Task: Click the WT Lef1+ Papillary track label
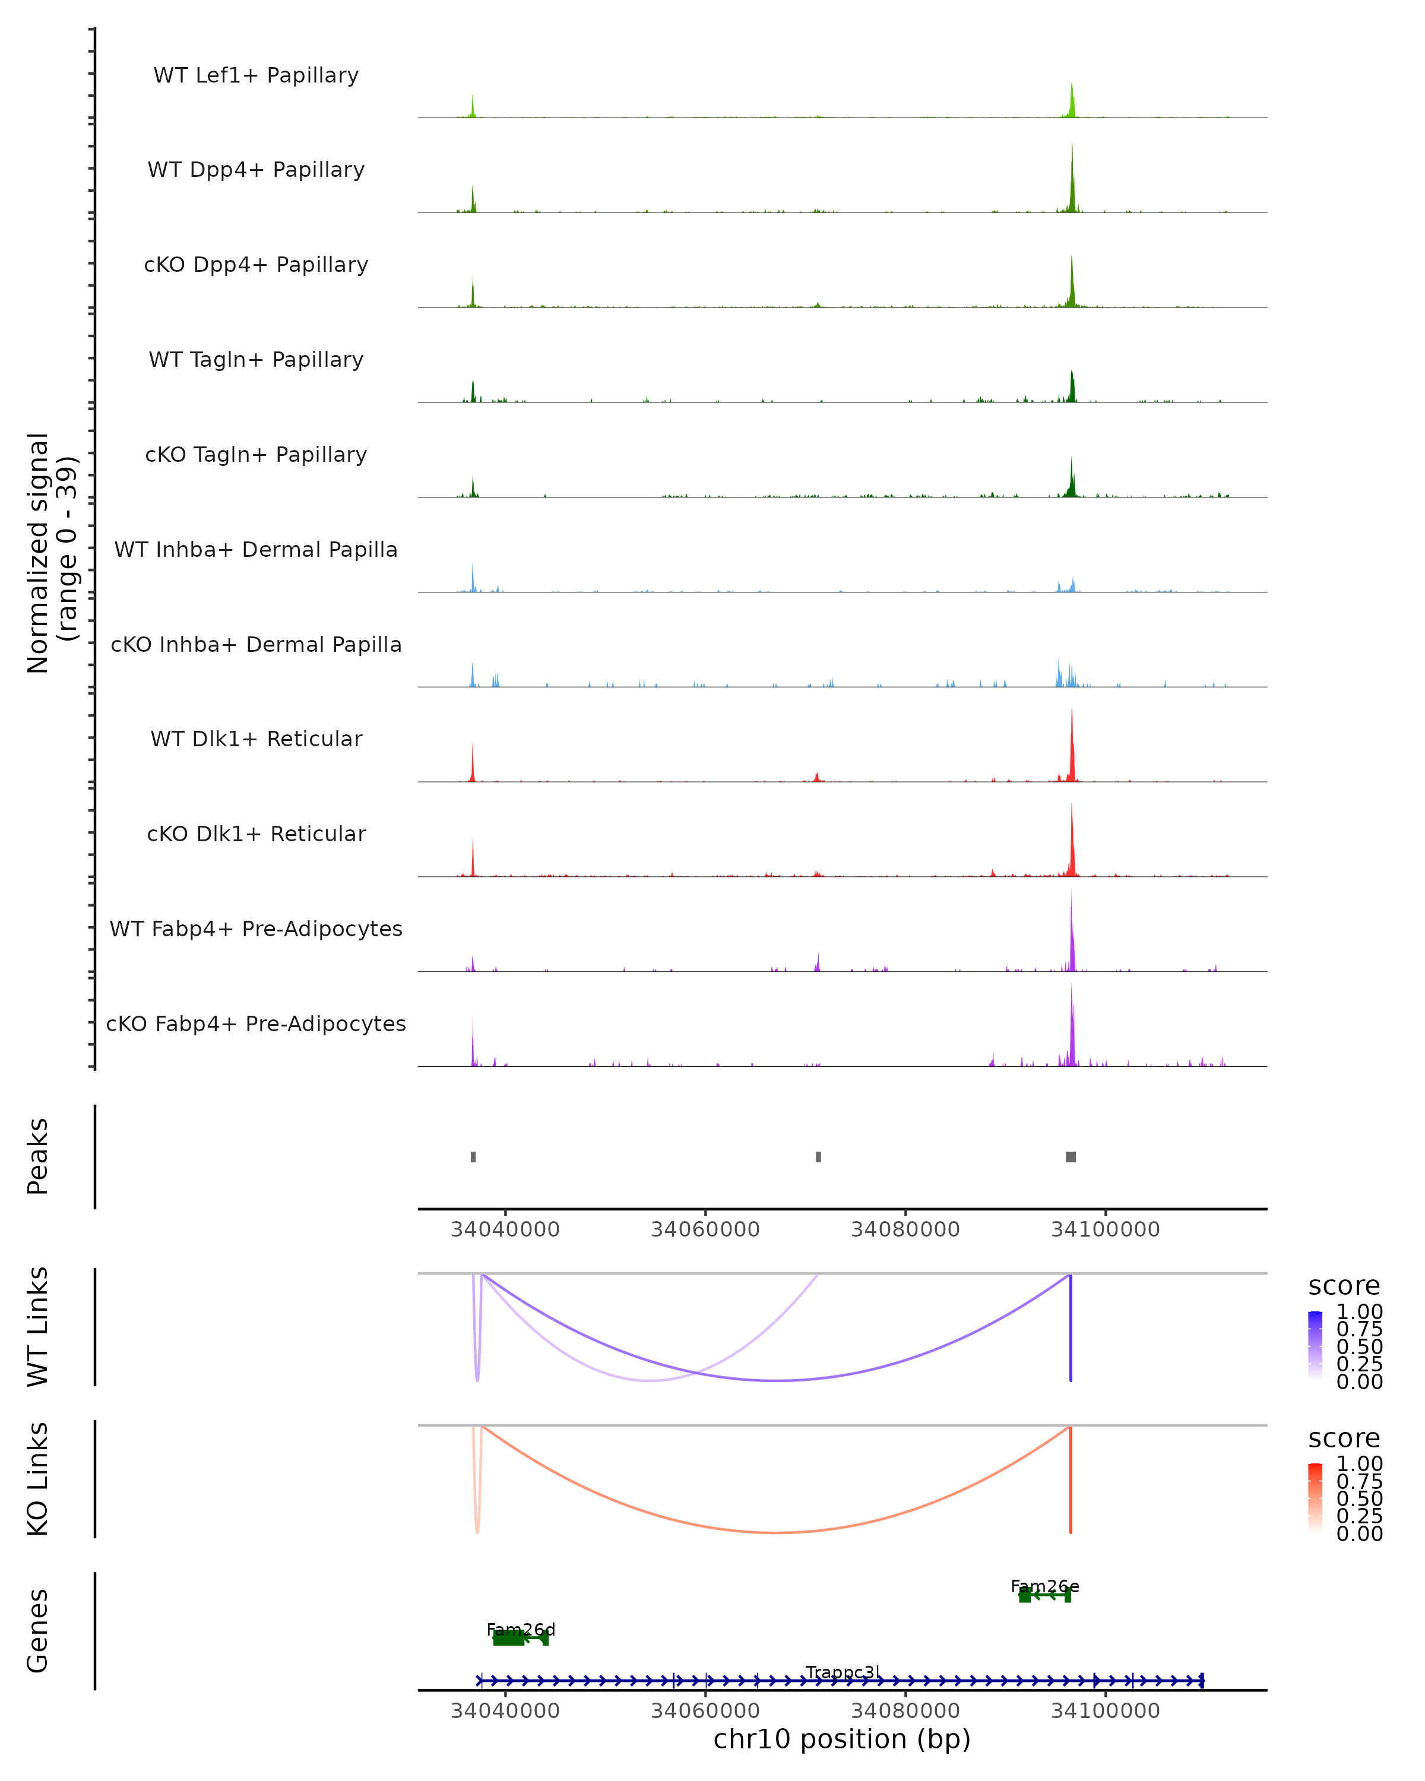pos(256,75)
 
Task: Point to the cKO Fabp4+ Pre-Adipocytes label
pos(256,1023)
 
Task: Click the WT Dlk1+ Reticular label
pos(256,739)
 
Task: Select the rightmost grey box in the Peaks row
pos(1071,1156)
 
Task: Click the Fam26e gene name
pos(1044,1586)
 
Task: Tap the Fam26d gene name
pos(521,1629)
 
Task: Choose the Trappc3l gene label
pos(843,1672)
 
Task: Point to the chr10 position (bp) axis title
pos(842,1739)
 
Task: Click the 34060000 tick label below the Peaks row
pos(705,1229)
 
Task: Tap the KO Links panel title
pos(38,1479)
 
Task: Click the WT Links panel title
pos(38,1326)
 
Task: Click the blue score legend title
pos(1343,1285)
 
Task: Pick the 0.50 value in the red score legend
pos(1359,1498)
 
